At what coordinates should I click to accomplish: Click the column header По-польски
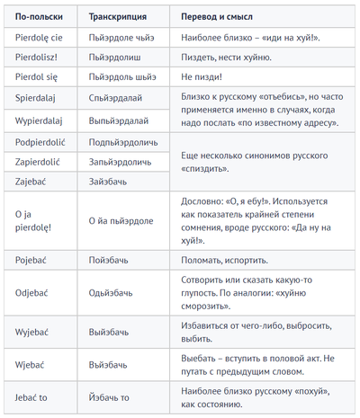pyautogui.click(x=40, y=18)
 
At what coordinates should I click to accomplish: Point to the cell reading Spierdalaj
pyautogui.click(x=40, y=98)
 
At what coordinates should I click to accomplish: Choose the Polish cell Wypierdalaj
pyautogui.click(x=43, y=120)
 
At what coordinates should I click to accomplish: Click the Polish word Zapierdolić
pyautogui.click(x=43, y=163)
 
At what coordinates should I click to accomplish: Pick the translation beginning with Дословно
pyautogui.click(x=248, y=221)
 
